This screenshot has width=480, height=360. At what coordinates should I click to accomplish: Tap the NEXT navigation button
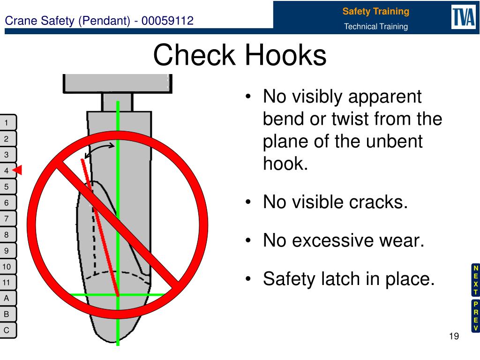click(475, 280)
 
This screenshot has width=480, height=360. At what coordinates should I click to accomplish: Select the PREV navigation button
click(475, 316)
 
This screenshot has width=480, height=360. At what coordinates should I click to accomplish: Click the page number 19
click(453, 337)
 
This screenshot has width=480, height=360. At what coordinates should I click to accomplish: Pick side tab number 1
click(7, 123)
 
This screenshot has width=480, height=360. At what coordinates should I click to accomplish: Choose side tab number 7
click(7, 218)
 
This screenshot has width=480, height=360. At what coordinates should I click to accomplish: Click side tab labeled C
click(7, 330)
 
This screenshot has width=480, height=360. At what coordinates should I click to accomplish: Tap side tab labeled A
click(7, 298)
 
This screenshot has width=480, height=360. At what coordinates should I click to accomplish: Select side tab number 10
click(7, 267)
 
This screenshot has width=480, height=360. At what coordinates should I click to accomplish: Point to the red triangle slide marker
click(18, 170)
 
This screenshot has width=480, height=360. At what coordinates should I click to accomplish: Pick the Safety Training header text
click(375, 11)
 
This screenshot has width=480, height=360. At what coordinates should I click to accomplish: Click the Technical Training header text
click(375, 27)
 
